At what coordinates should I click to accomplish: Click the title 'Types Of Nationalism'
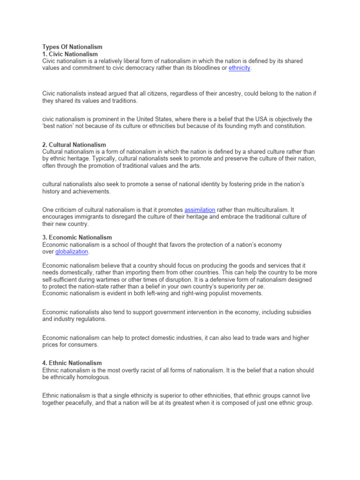pos(72,47)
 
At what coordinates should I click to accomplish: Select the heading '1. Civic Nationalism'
pos(70,54)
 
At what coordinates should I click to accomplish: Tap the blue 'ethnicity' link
pos(240,68)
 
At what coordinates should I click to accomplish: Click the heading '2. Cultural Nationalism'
pos(74,144)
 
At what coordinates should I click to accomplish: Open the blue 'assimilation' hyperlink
pos(200,210)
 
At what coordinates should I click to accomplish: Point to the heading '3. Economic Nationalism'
pos(77,238)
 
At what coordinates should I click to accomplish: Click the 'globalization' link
pos(72,252)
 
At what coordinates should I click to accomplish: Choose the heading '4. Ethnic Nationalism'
pos(72,363)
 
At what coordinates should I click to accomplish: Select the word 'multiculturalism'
pos(257,210)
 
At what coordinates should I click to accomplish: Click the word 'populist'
pos(217,293)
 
